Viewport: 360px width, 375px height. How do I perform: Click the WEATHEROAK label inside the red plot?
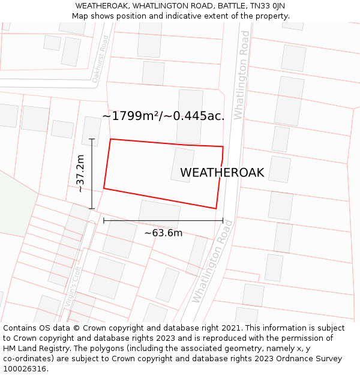coord(222,173)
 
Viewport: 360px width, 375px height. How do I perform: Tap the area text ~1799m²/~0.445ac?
coord(163,116)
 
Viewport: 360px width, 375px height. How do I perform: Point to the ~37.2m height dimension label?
coord(80,173)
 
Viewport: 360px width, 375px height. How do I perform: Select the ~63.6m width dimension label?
coord(163,233)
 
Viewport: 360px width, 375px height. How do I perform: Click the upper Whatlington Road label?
coord(241,75)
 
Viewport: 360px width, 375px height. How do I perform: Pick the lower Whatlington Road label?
coord(212,262)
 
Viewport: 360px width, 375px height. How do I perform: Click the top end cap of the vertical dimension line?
coord(92,139)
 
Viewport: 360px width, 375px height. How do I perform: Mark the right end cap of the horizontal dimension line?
coord(223,221)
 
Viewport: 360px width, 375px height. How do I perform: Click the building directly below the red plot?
coord(160,213)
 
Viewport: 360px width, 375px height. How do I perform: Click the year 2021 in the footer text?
coord(229,328)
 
